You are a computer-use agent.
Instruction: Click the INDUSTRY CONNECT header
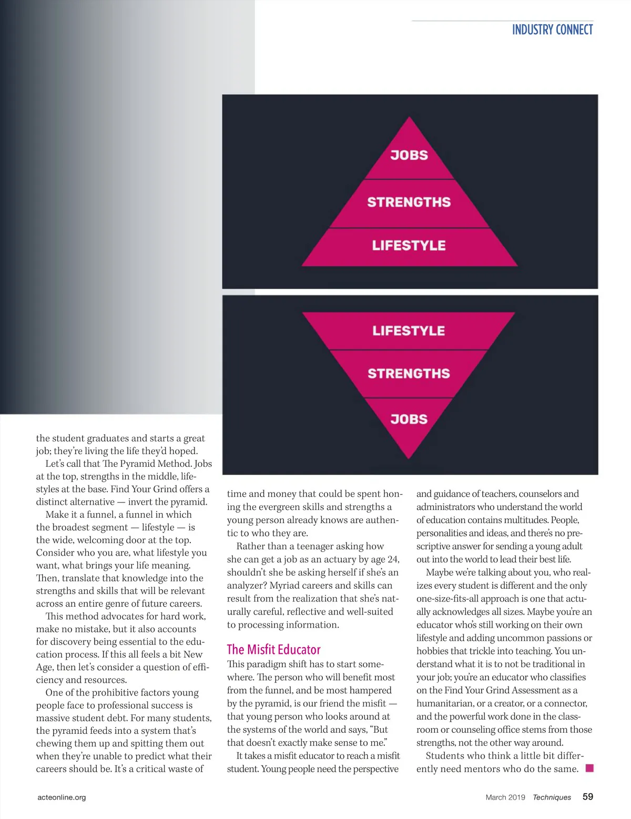click(552, 30)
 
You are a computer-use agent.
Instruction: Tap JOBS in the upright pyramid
click(409, 155)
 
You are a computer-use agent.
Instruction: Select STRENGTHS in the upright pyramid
click(409, 202)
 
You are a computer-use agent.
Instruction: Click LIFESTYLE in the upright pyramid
click(409, 245)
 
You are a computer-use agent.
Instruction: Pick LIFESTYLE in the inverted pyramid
click(409, 331)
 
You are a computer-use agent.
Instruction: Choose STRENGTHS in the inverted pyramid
click(409, 374)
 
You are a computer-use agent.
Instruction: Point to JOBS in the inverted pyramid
click(409, 419)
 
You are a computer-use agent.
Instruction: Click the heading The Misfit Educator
click(273, 650)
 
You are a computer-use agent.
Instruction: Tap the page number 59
click(588, 796)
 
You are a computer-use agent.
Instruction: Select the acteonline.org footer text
click(62, 797)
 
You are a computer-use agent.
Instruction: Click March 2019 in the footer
click(505, 797)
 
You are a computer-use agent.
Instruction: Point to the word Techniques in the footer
click(552, 797)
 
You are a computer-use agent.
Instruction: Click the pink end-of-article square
click(589, 768)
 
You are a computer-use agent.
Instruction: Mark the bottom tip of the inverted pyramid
click(409, 457)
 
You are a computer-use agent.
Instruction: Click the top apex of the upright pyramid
click(409, 118)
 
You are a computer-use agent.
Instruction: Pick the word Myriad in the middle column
click(286, 586)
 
